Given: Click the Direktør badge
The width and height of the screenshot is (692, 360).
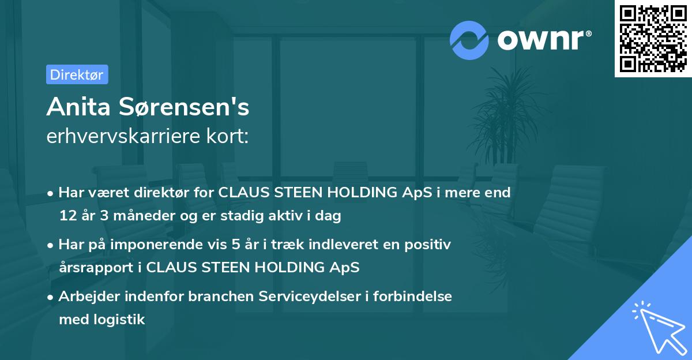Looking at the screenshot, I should click(77, 74).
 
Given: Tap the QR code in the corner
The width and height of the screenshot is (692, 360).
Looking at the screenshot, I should click(653, 38).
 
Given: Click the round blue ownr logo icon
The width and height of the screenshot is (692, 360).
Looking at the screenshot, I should click(469, 40).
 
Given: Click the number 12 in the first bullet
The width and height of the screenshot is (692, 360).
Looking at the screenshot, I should click(67, 216).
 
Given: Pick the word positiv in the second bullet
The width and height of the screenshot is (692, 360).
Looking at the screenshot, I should click(430, 245).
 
